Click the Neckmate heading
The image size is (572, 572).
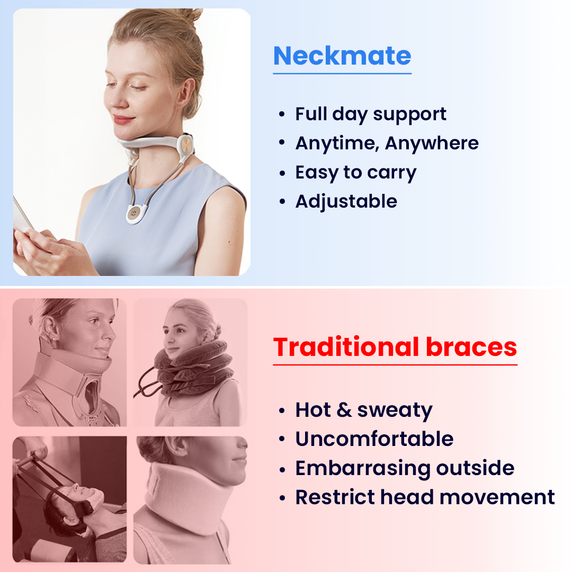click(x=342, y=56)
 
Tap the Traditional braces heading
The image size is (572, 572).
click(x=395, y=347)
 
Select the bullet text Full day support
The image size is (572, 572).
click(x=371, y=114)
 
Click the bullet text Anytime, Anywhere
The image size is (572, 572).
click(x=387, y=144)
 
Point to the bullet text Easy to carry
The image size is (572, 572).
click(x=356, y=173)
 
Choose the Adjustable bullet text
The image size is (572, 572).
click(x=346, y=202)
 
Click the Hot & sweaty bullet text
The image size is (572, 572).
click(x=364, y=410)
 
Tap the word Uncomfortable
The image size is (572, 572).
click(x=374, y=439)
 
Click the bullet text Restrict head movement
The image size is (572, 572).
click(x=425, y=497)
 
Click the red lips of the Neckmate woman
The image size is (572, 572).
click(x=123, y=120)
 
